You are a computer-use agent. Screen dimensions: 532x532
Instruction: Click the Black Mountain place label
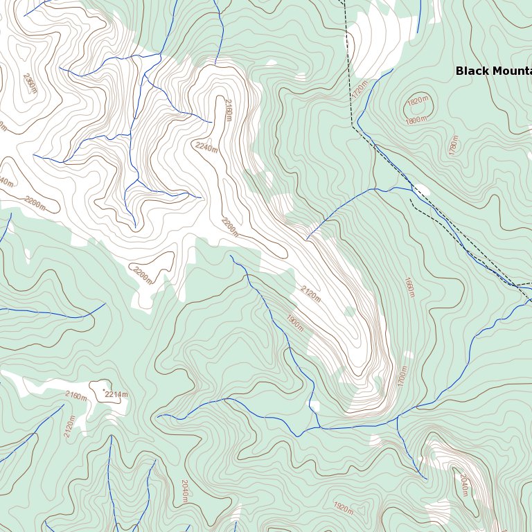(493, 71)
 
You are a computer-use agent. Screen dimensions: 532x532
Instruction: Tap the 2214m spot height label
(117, 394)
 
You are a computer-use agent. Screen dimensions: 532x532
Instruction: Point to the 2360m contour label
(30, 83)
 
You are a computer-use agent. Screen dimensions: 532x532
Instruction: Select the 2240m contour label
(206, 147)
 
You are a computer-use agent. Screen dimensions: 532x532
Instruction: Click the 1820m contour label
(417, 101)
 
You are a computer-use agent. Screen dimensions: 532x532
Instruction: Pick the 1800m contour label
(416, 121)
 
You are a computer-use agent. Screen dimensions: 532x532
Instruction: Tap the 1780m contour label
(454, 145)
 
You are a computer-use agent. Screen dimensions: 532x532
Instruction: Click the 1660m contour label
(409, 287)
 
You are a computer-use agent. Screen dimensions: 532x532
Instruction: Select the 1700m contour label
(402, 377)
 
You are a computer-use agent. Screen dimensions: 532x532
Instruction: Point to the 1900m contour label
(294, 323)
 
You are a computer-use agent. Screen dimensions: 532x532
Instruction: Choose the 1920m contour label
(343, 508)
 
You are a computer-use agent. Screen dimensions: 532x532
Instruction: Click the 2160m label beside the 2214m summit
(76, 396)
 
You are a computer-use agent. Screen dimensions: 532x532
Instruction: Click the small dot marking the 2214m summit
(105, 392)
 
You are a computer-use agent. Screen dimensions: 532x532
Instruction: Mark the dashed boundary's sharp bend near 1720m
(352, 125)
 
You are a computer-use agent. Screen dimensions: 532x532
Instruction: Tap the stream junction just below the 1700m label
(398, 417)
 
